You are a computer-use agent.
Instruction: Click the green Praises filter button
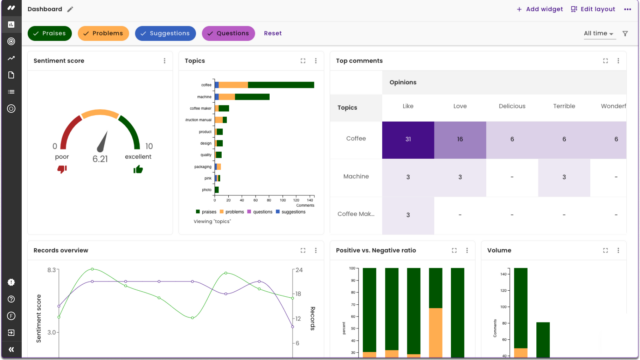click(50, 33)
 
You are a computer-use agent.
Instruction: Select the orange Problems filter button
click(103, 33)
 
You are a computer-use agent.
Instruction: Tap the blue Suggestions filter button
click(165, 33)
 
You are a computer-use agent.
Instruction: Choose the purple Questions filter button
click(228, 33)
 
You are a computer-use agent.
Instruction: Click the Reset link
click(273, 33)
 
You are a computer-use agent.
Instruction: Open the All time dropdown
click(599, 33)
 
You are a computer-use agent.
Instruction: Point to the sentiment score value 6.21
click(100, 158)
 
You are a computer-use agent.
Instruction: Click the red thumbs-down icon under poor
click(62, 169)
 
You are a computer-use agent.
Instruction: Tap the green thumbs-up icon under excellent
click(138, 169)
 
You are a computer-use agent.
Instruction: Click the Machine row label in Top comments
click(355, 177)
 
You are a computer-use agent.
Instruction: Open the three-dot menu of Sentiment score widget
click(165, 61)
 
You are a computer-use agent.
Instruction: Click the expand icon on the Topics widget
click(303, 61)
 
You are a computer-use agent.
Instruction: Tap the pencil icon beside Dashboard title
click(70, 9)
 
